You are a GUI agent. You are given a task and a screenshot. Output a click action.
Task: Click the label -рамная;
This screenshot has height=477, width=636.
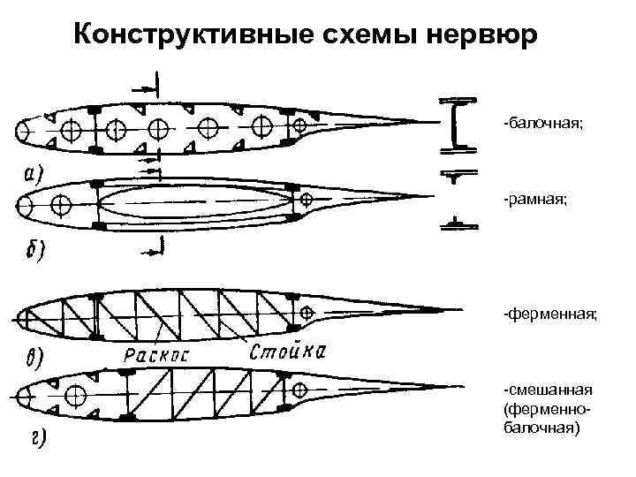[535, 201]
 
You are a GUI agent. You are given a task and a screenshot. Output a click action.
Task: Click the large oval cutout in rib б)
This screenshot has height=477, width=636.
[194, 202]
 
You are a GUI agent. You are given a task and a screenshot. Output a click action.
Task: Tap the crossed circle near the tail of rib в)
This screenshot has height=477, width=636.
[307, 313]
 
